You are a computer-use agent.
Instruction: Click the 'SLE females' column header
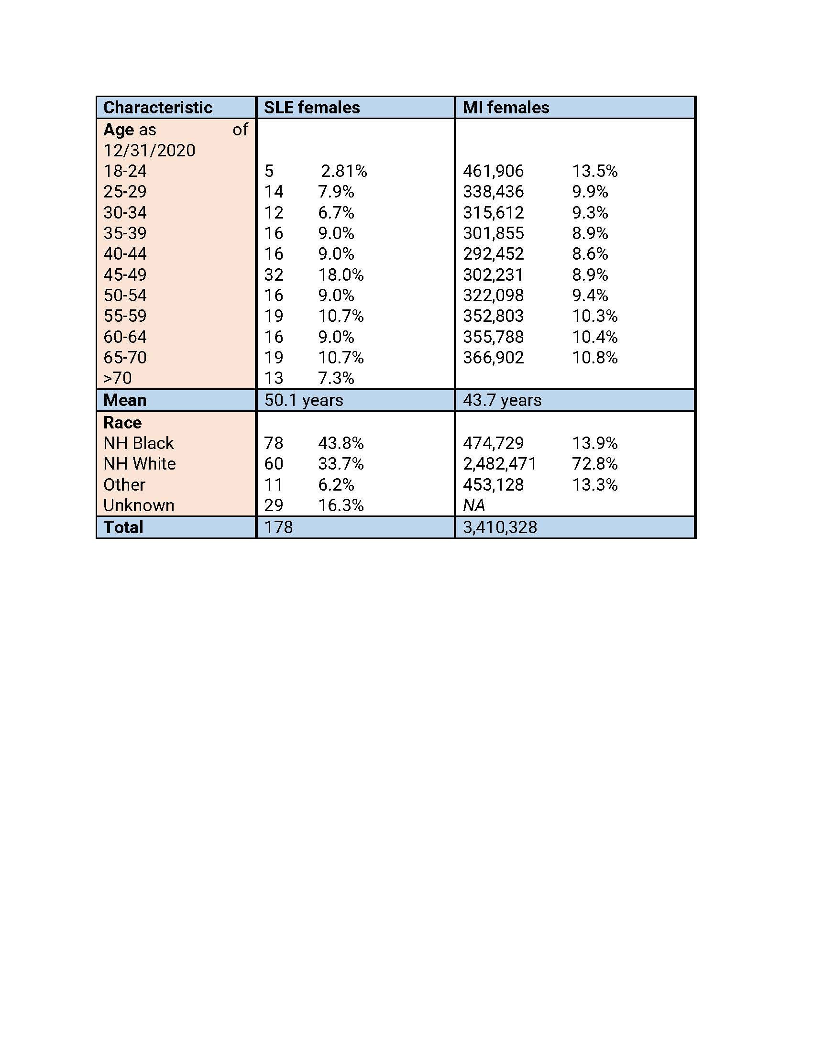312,108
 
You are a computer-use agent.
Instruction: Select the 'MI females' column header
505,108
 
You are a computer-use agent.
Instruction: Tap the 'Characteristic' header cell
157,108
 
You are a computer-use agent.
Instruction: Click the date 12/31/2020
149,151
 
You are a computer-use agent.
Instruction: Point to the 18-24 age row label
125,172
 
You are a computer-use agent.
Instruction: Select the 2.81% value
344,172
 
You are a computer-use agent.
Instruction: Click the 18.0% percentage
341,275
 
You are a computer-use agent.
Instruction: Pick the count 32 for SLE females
274,275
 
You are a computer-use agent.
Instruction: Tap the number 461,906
493,172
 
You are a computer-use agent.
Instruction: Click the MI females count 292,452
493,254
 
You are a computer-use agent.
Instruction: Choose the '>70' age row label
118,378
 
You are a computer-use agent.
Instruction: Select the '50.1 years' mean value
303,400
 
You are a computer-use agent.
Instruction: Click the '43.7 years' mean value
502,400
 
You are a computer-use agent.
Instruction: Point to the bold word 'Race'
122,423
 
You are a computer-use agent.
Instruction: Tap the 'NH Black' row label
138,443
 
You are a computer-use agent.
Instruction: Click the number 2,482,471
499,464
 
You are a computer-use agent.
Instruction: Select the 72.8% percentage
594,464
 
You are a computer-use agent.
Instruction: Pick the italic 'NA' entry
474,505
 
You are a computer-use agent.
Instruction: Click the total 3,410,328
499,527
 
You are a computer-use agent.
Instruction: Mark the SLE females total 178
278,527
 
